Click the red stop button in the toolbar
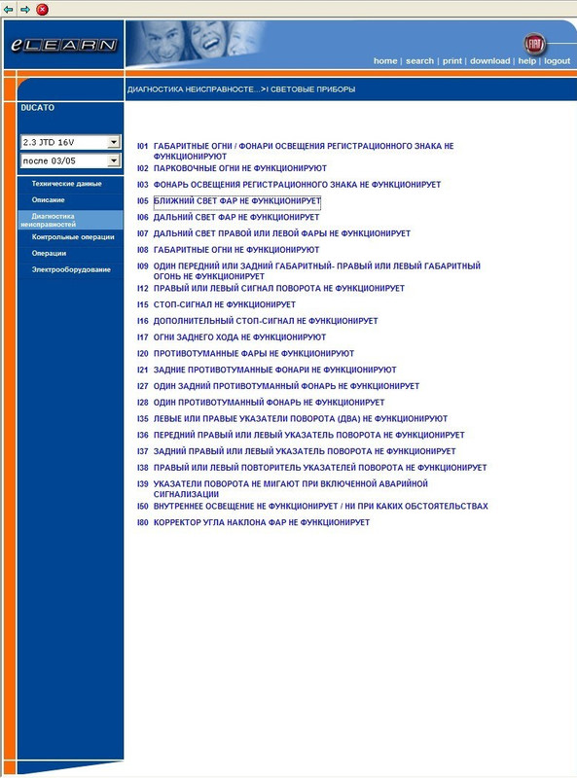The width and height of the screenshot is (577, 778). coord(42,9)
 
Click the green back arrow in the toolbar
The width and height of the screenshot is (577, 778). coord(9,9)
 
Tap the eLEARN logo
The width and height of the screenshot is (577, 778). coord(63,46)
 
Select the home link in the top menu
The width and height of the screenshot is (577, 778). coord(385,61)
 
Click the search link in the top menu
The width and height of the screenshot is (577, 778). coord(419,61)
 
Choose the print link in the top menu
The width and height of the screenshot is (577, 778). coord(452,61)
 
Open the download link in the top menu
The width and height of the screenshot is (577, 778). coord(489,61)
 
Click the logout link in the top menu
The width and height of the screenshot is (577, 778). coord(557,61)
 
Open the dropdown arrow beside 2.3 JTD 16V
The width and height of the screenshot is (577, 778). coord(113,142)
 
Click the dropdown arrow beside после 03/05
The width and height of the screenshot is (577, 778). coord(113,159)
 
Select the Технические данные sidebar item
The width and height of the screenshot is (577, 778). coord(66,183)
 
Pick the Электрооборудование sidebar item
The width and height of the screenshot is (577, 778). coord(71,269)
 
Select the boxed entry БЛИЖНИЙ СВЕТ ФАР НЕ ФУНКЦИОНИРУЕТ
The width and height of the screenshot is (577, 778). coord(236,201)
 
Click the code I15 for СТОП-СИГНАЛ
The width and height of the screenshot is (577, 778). coord(142,304)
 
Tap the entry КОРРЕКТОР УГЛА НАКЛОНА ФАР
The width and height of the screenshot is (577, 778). coord(262,522)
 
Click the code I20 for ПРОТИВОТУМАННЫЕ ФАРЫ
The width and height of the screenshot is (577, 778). coord(142,353)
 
